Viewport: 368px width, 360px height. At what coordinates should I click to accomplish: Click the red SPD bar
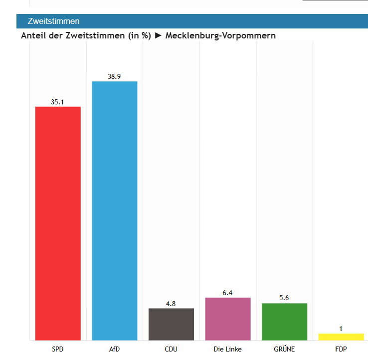pyautogui.click(x=58, y=224)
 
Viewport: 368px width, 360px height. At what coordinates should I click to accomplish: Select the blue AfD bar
pyautogui.click(x=115, y=211)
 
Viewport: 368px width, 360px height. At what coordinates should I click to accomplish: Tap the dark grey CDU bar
pyautogui.click(x=172, y=324)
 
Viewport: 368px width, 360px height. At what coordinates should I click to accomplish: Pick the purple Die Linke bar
pyautogui.click(x=228, y=319)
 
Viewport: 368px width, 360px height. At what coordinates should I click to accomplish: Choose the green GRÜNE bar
pyautogui.click(x=284, y=322)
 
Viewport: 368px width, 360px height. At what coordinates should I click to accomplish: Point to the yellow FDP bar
pyautogui.click(x=341, y=337)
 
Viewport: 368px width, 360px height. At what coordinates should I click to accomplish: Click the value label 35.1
pyautogui.click(x=57, y=102)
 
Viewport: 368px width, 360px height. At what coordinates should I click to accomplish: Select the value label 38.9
pyautogui.click(x=114, y=76)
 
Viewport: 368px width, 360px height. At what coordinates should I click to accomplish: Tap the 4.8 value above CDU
pyautogui.click(x=171, y=304)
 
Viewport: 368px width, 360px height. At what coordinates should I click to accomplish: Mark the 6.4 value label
pyautogui.click(x=227, y=293)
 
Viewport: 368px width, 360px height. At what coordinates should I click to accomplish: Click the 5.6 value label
pyautogui.click(x=284, y=298)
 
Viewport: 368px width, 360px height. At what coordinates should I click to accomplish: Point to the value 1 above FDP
pyautogui.click(x=341, y=329)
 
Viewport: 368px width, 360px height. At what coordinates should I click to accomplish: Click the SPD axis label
pyautogui.click(x=58, y=349)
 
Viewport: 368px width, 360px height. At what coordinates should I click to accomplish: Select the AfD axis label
pyautogui.click(x=114, y=349)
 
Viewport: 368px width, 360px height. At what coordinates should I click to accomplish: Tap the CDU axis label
pyautogui.click(x=171, y=349)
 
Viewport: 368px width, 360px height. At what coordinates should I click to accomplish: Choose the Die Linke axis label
pyautogui.click(x=228, y=349)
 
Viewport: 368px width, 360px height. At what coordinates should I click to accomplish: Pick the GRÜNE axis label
pyautogui.click(x=284, y=349)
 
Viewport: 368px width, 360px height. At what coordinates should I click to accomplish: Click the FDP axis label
pyautogui.click(x=341, y=349)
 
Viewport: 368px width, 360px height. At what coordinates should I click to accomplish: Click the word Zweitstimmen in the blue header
pyautogui.click(x=54, y=21)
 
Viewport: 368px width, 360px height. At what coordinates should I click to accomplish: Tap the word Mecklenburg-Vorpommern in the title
pyautogui.click(x=220, y=36)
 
